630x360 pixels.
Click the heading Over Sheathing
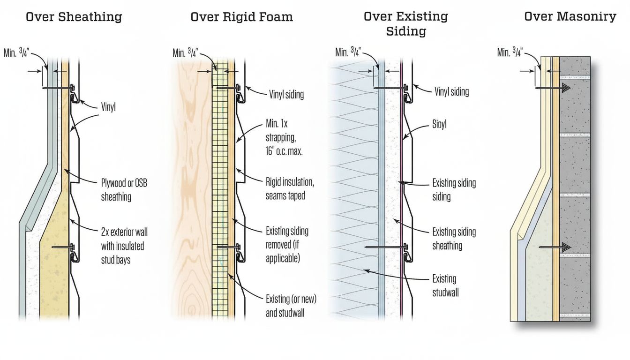74,17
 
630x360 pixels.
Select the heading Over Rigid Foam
241,17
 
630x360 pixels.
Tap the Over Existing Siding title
405,24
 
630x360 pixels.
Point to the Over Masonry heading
570,17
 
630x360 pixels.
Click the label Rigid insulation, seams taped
290,189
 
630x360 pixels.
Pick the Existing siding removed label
287,244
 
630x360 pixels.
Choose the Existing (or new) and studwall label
291,306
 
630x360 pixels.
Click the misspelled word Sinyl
439,125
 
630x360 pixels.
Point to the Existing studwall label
445,285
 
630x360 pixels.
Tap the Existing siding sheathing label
454,239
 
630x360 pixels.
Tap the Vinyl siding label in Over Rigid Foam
286,94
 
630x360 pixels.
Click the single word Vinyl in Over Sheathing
108,107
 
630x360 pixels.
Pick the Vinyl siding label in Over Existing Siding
451,91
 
